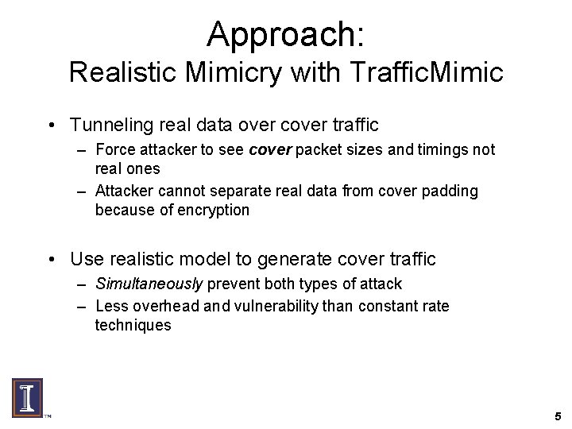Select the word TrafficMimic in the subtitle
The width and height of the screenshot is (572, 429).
pos(426,73)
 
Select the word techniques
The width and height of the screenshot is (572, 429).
pos(132,324)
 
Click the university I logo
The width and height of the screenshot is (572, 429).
pos(27,396)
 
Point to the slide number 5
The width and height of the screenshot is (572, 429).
pos(558,415)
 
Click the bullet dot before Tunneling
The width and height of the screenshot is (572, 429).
pos(51,126)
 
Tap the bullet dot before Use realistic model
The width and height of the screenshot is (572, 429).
pos(51,260)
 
